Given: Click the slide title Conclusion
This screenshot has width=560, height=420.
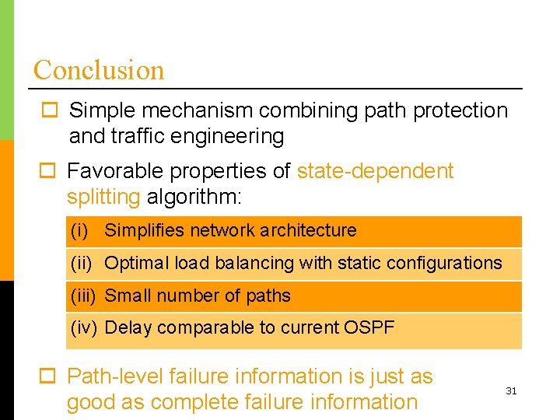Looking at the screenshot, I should tap(99, 70).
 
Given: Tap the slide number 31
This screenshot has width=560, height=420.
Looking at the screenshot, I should tap(511, 391).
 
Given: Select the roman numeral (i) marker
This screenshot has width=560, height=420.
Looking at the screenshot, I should tap(79, 230).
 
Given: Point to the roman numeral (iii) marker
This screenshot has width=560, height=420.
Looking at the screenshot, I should tap(83, 296).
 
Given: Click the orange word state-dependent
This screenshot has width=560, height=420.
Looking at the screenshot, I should tap(375, 171).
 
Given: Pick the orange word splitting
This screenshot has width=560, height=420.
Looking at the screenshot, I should tap(103, 197).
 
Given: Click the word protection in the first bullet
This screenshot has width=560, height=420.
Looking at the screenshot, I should tap(460, 110).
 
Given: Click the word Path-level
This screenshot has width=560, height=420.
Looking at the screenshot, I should tap(115, 377).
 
